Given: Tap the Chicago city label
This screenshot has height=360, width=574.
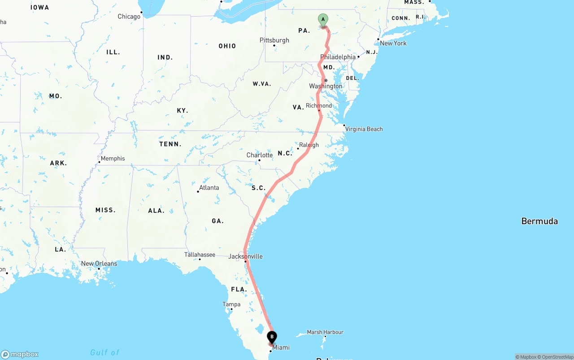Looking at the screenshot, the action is (129, 17).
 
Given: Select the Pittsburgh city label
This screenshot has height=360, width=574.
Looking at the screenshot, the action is (274, 40).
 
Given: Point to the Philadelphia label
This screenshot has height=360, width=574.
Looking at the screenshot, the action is (338, 57).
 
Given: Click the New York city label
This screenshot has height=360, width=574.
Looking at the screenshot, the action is (393, 43).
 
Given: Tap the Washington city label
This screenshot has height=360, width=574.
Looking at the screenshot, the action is (326, 86).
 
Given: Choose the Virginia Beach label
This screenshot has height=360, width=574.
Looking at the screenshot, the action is (364, 129).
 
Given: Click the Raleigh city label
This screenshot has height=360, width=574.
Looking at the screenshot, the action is (309, 145).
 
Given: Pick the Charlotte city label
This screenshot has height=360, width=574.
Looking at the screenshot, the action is (260, 155).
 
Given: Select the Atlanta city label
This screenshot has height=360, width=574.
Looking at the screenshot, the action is (209, 188).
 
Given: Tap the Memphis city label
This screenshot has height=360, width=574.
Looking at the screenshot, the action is (113, 158).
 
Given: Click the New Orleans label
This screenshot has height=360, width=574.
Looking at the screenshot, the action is (99, 264).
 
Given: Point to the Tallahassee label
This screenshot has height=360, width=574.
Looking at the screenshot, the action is (200, 255).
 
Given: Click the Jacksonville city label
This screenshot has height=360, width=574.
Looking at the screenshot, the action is (245, 256).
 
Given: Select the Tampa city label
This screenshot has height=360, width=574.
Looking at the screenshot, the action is (231, 304).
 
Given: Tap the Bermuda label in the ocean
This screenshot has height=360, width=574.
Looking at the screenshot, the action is (539, 221).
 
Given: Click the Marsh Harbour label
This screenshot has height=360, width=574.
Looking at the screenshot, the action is (325, 332).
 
